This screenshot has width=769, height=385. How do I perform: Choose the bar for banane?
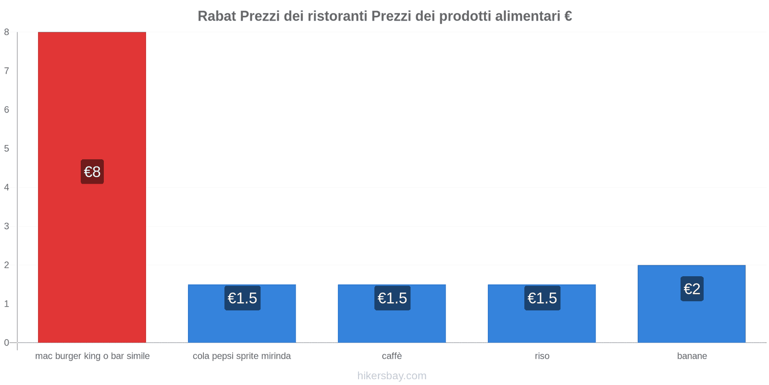point(692,318)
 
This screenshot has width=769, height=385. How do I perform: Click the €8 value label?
point(92,172)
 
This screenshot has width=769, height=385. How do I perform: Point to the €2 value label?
point(692,289)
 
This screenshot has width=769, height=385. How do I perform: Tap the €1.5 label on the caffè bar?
point(392,298)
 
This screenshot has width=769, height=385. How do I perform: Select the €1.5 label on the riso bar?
point(542,298)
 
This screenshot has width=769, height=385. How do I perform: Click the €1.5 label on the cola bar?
point(242,298)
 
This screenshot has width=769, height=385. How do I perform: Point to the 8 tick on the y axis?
point(7,32)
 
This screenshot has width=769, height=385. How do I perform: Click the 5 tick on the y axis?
point(7,149)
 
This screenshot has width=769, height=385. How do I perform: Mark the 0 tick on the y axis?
point(7,343)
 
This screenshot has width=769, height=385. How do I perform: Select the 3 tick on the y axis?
point(7,226)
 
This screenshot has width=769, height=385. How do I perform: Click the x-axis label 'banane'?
point(692,356)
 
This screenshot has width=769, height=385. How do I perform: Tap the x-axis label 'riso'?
point(542,356)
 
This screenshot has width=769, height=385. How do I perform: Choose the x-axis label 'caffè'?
point(392,356)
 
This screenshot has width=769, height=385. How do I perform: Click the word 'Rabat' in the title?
point(217,16)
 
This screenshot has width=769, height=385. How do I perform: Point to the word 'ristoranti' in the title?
point(338,16)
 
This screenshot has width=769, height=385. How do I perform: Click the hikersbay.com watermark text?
point(392,376)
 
